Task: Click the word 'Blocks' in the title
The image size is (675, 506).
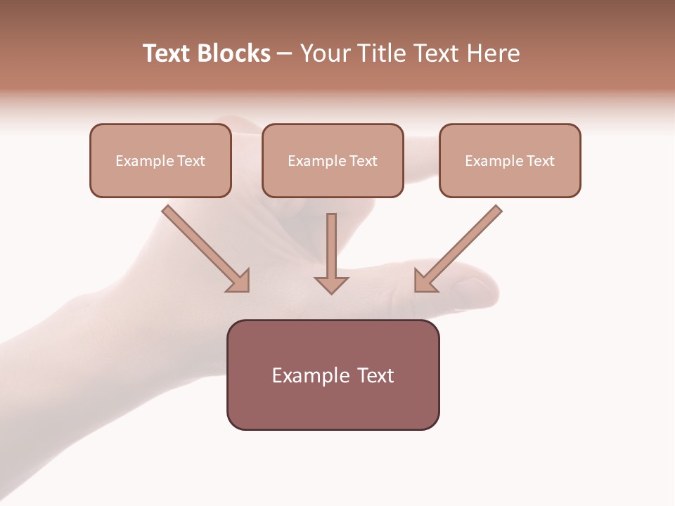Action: (234, 53)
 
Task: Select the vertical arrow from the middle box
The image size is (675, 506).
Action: (331, 246)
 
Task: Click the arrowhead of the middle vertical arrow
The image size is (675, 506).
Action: (331, 285)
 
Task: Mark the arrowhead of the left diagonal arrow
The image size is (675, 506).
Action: (239, 281)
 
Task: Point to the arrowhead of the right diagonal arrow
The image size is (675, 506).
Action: (424, 281)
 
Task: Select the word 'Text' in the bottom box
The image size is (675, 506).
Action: (376, 375)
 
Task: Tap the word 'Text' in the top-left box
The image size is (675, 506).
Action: (191, 161)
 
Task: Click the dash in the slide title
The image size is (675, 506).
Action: (285, 54)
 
